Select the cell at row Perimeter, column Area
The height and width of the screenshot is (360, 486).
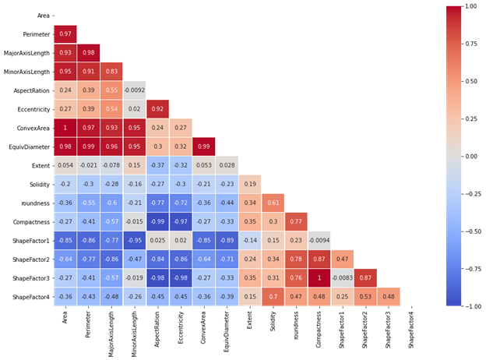click(x=65, y=34)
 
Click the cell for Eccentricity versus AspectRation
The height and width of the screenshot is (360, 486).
click(x=157, y=108)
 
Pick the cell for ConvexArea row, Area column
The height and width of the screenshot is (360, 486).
click(x=65, y=127)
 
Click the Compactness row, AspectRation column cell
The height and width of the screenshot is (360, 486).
click(x=157, y=221)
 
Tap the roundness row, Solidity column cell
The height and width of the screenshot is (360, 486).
click(x=273, y=203)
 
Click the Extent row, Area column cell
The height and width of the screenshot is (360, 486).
click(x=65, y=165)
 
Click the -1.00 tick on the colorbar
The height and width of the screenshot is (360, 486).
click(x=470, y=306)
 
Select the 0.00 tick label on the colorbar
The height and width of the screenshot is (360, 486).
click(x=470, y=156)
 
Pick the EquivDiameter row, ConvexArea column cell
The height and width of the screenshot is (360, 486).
click(x=203, y=146)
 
